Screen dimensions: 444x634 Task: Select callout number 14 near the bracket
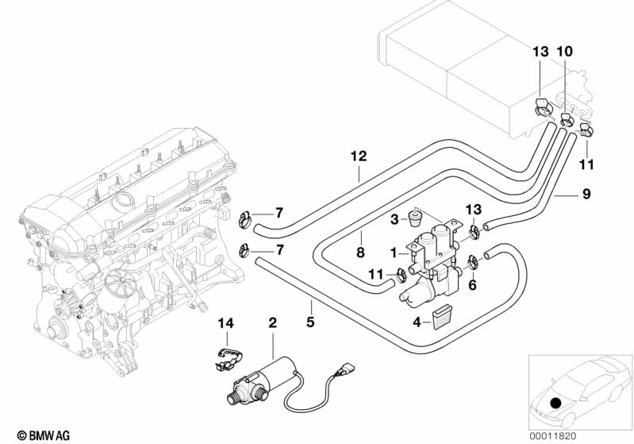[227, 323]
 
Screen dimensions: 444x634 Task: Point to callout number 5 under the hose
[311, 322]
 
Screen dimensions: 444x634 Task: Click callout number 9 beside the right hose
[586, 192]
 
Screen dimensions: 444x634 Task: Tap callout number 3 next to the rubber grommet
[394, 218]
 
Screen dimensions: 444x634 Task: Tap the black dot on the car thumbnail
[555, 403]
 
